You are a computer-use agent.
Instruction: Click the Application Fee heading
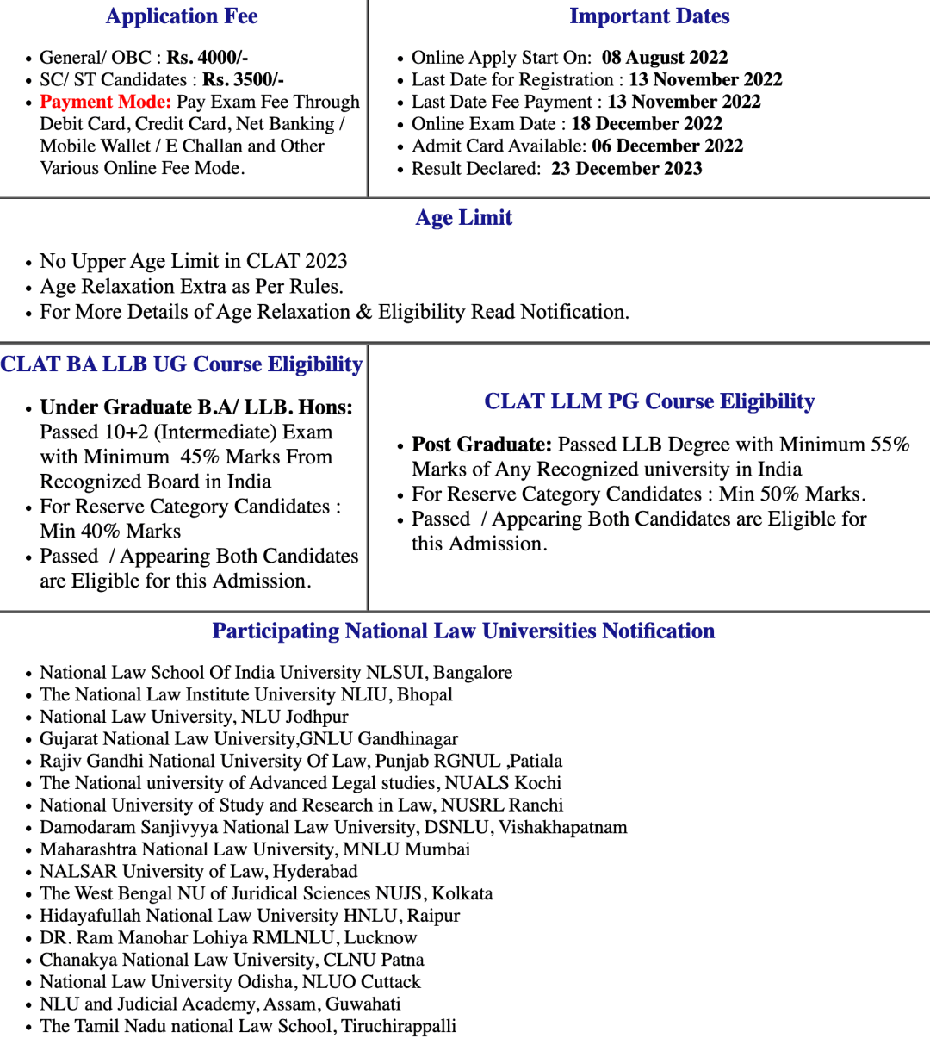(x=182, y=16)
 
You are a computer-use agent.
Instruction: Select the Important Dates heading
(x=649, y=16)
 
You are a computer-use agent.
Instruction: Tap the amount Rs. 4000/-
(x=208, y=58)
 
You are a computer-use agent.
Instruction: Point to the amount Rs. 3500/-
(x=243, y=80)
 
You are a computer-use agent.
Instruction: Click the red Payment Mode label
(x=105, y=102)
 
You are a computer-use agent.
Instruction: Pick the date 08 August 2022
(x=665, y=58)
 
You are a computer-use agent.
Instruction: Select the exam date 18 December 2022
(x=647, y=124)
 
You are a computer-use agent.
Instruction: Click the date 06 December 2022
(x=667, y=146)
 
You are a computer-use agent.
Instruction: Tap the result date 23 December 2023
(x=627, y=169)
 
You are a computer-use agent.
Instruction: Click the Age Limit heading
(x=464, y=218)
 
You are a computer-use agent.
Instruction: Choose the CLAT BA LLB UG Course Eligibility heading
(x=182, y=364)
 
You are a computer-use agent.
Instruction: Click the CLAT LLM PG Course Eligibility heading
(x=649, y=401)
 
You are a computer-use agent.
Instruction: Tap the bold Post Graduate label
(x=481, y=445)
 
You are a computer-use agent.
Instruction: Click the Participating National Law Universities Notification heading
(x=463, y=631)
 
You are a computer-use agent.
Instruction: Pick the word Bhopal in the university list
(x=425, y=695)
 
